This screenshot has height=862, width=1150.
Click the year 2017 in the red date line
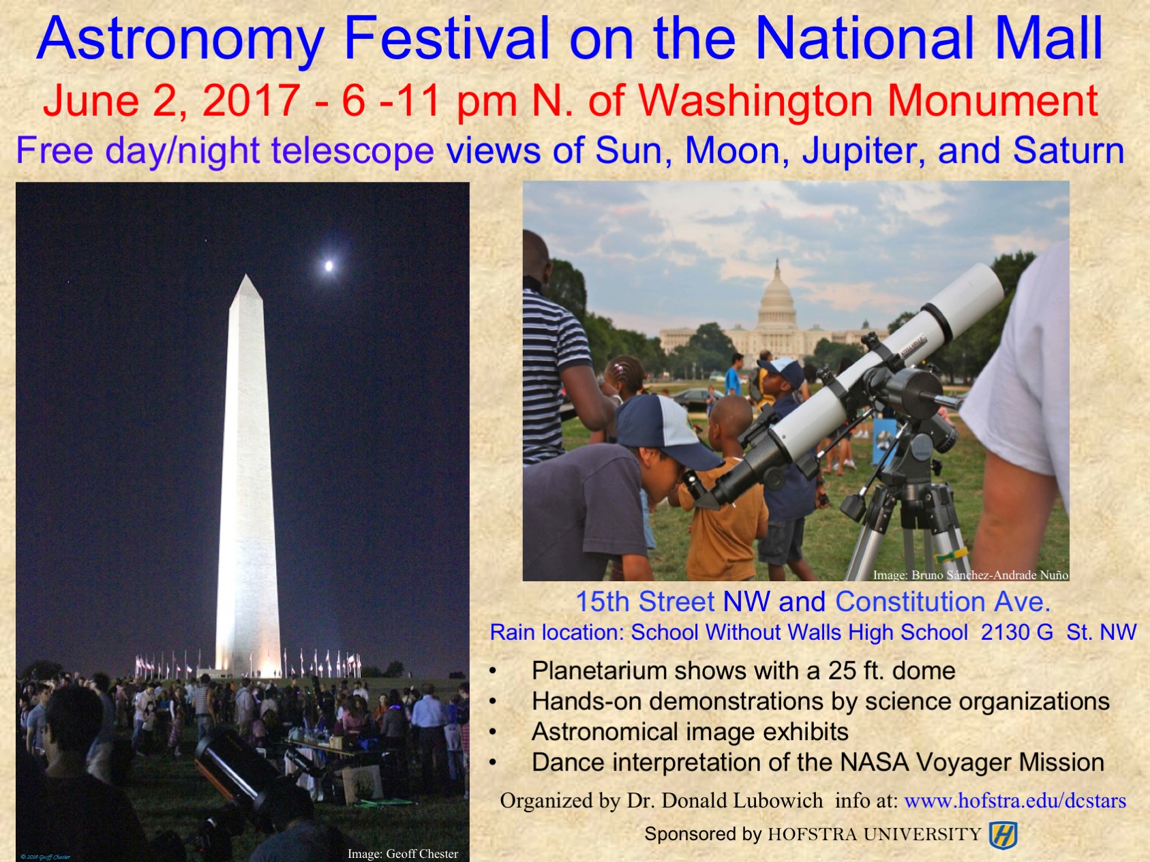pyautogui.click(x=252, y=101)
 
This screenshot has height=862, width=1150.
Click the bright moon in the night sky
pyautogui.click(x=329, y=266)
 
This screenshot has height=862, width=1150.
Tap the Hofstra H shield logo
pyautogui.click(x=1003, y=835)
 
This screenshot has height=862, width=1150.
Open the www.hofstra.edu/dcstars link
pyautogui.click(x=1015, y=801)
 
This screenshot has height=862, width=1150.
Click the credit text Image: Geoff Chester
pyautogui.click(x=403, y=854)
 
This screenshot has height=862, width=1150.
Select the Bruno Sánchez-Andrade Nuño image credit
pyautogui.click(x=971, y=575)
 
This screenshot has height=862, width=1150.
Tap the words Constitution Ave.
pyautogui.click(x=943, y=602)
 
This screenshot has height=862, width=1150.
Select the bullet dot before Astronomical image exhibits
pyautogui.click(x=493, y=733)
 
